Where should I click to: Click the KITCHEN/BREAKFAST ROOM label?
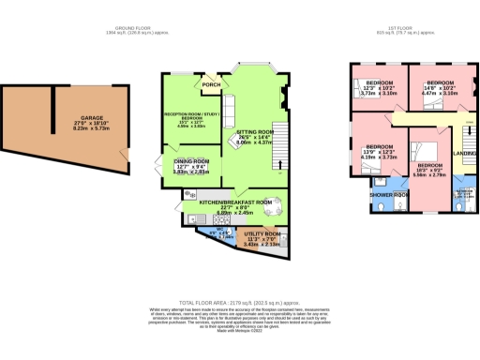click(235, 202)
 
